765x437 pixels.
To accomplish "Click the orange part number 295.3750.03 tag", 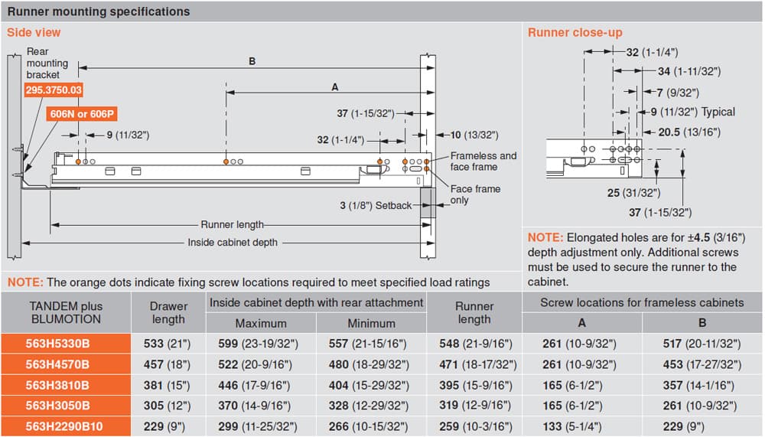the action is (x=54, y=90).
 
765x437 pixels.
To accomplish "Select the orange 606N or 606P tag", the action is (x=82, y=114).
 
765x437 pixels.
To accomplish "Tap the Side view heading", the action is (x=34, y=33).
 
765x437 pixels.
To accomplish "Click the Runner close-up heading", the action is (x=575, y=33).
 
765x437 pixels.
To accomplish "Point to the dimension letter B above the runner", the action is (x=252, y=61).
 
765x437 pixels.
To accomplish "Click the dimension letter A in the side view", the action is (x=335, y=87).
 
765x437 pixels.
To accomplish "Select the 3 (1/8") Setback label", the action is (x=376, y=206).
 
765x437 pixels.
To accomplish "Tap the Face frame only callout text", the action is (x=475, y=194).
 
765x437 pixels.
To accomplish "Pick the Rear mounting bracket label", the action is (x=47, y=63).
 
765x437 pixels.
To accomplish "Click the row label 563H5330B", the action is (x=57, y=344).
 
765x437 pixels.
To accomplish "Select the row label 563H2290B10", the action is (x=64, y=426).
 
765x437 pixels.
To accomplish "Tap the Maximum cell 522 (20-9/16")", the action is (x=255, y=365).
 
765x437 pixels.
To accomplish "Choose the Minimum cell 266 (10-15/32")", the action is (x=368, y=426).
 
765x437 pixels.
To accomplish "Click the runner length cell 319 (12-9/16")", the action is (x=476, y=406).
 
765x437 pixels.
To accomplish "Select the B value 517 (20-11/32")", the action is (x=702, y=344).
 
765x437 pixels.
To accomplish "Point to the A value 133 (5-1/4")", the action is (x=571, y=426).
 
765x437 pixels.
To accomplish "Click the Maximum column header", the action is (x=261, y=323).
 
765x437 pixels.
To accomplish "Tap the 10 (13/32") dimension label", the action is (x=474, y=135).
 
